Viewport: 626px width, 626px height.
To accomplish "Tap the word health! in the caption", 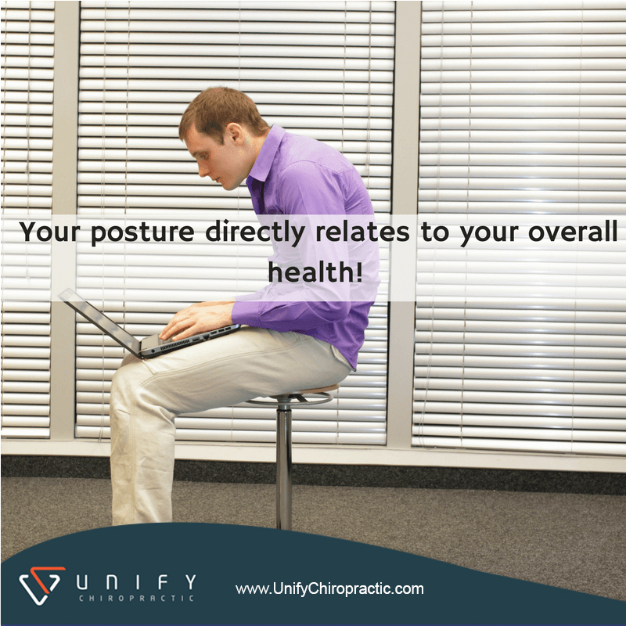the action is coord(315,272).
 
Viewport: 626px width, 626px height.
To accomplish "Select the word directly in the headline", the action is coord(255,232).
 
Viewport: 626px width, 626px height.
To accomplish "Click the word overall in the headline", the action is coord(573,231).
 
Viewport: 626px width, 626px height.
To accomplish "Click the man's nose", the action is coord(202,171).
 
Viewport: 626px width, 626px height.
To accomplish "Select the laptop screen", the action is coord(100,321).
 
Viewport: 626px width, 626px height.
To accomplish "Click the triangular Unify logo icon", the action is coord(41,585).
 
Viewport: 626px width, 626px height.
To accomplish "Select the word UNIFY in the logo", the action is coord(136,582).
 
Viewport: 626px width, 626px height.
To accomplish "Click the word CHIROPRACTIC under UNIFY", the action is coord(136,598).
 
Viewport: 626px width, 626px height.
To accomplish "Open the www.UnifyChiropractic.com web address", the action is coord(329,589).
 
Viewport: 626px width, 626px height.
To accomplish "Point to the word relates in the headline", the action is coord(362,232).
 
